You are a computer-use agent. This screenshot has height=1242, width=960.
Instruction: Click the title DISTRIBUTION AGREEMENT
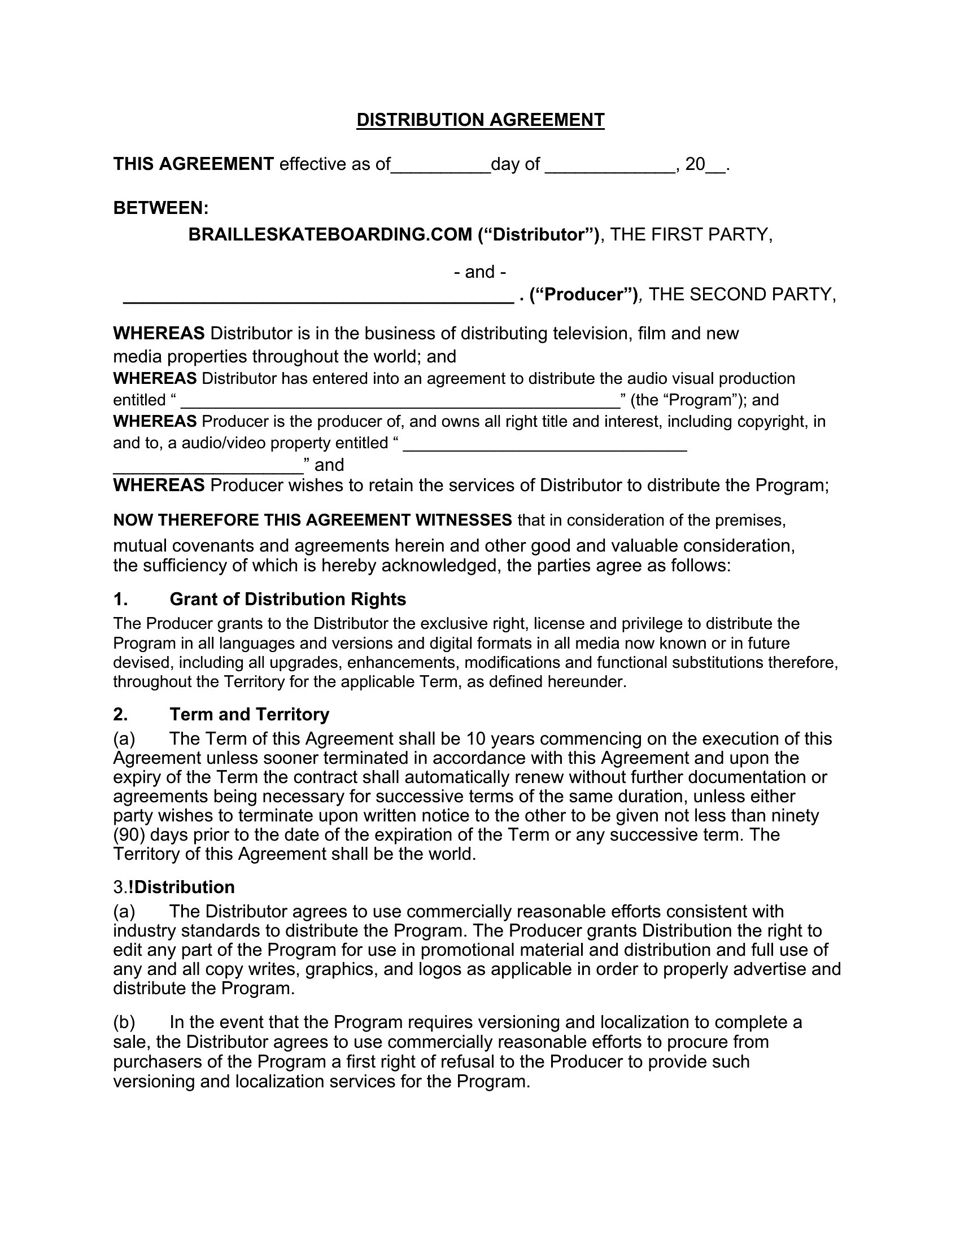click(480, 120)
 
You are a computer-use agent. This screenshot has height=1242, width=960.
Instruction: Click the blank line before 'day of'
click(440, 166)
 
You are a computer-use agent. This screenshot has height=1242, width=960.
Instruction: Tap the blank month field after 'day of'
click(610, 166)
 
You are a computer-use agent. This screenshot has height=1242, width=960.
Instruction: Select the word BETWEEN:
click(161, 208)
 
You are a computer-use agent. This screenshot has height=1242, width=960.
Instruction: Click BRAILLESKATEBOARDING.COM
click(330, 235)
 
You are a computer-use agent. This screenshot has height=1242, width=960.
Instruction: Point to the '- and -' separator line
click(480, 272)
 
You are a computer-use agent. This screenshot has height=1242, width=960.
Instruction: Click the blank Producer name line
click(318, 297)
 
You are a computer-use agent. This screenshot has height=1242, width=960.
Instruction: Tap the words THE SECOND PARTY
click(741, 295)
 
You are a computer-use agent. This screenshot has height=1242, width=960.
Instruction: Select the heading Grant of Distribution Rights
click(288, 600)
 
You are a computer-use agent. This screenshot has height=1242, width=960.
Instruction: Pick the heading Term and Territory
click(249, 714)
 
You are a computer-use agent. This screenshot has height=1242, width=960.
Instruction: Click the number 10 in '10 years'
click(475, 739)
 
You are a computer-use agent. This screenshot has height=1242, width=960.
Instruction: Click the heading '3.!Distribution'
click(174, 887)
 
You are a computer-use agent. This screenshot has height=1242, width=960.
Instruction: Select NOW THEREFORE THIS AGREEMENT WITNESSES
click(312, 520)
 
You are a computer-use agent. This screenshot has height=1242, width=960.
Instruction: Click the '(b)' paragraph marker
click(124, 1022)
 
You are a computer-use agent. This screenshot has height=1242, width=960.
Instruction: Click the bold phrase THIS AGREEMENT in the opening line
click(193, 164)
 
